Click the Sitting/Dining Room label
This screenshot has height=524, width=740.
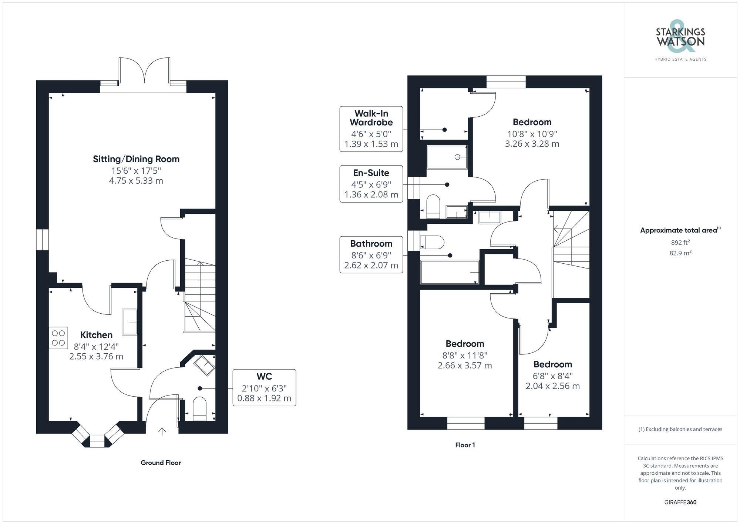point(136,159)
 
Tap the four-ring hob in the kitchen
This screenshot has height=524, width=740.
point(58,338)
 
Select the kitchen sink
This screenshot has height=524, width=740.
point(129,322)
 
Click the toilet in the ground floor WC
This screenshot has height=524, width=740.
point(200,409)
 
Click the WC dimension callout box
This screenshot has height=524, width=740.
point(264,388)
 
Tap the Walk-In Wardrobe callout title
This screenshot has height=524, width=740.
point(371,118)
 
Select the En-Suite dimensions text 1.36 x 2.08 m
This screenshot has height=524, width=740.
point(371,194)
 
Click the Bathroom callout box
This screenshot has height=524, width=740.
point(371,255)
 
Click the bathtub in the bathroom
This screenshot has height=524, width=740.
point(450,273)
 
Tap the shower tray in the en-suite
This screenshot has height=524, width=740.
point(447,157)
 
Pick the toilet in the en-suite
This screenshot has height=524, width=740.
point(433,207)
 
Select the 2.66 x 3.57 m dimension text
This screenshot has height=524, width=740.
point(465,366)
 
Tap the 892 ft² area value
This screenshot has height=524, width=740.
point(680,243)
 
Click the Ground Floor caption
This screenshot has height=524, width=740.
point(161,463)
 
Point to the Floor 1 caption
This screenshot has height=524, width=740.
point(465,445)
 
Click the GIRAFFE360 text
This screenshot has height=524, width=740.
point(680,503)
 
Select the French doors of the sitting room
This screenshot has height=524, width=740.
point(144,72)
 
